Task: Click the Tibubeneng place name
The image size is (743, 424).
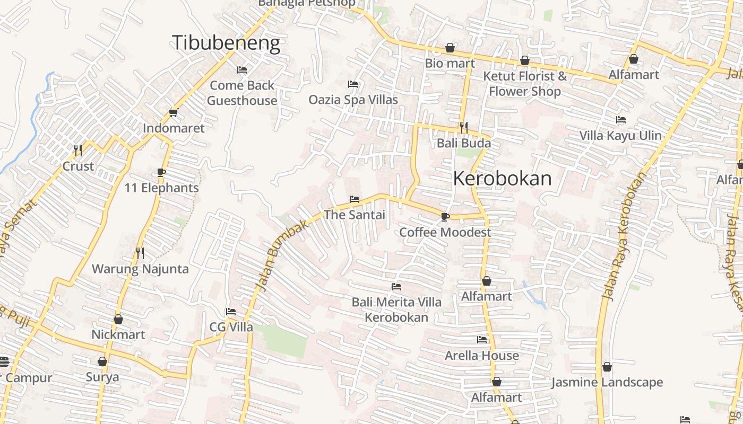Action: point(226,43)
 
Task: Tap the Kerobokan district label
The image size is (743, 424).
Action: point(502,179)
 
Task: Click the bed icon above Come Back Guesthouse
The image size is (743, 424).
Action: point(242,70)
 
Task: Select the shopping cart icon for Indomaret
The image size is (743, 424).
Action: point(173,112)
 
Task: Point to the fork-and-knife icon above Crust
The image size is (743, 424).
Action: point(78,151)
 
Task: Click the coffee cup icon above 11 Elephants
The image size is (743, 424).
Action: point(161,172)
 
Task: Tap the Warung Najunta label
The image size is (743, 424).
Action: point(140,269)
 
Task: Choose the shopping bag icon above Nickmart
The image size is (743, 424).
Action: point(118,319)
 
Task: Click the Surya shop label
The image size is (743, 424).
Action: point(102,377)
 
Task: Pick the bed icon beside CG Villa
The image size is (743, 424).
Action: point(230,312)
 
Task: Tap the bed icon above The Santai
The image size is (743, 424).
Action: point(355,199)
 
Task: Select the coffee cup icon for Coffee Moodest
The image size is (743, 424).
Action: point(445,217)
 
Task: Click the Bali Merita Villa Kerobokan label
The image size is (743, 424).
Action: point(396,310)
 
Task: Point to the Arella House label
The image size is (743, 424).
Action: point(482,355)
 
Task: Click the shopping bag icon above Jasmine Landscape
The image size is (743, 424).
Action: point(607,367)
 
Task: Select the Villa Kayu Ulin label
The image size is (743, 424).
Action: point(620,136)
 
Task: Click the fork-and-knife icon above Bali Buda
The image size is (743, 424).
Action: point(463,127)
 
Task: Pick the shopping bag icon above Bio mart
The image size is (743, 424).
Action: point(450,48)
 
